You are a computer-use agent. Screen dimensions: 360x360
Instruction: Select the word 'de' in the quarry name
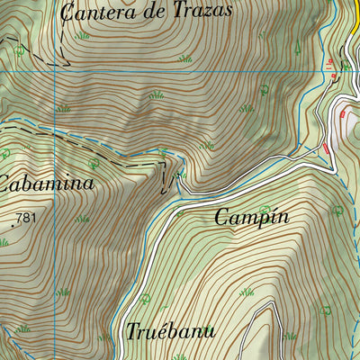pyautogui.click(x=150, y=12)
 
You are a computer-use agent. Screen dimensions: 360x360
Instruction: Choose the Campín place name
pyautogui.click(x=252, y=217)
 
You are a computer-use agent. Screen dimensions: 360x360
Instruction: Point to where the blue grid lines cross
pyautogui.click(x=54, y=71)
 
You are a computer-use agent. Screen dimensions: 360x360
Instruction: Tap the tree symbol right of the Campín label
pyautogui.click(x=337, y=210)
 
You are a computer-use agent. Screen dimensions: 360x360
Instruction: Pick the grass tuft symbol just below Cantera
pyautogui.click(x=83, y=35)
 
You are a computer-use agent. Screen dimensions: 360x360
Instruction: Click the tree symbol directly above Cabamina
pyautogui.click(x=94, y=163)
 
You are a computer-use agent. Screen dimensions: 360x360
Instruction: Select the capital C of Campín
pyautogui.click(x=221, y=217)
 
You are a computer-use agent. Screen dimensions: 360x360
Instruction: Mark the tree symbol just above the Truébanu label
pyautogui.click(x=144, y=299)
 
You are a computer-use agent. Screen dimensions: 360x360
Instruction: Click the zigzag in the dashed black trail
pyautogui.click(x=164, y=175)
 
